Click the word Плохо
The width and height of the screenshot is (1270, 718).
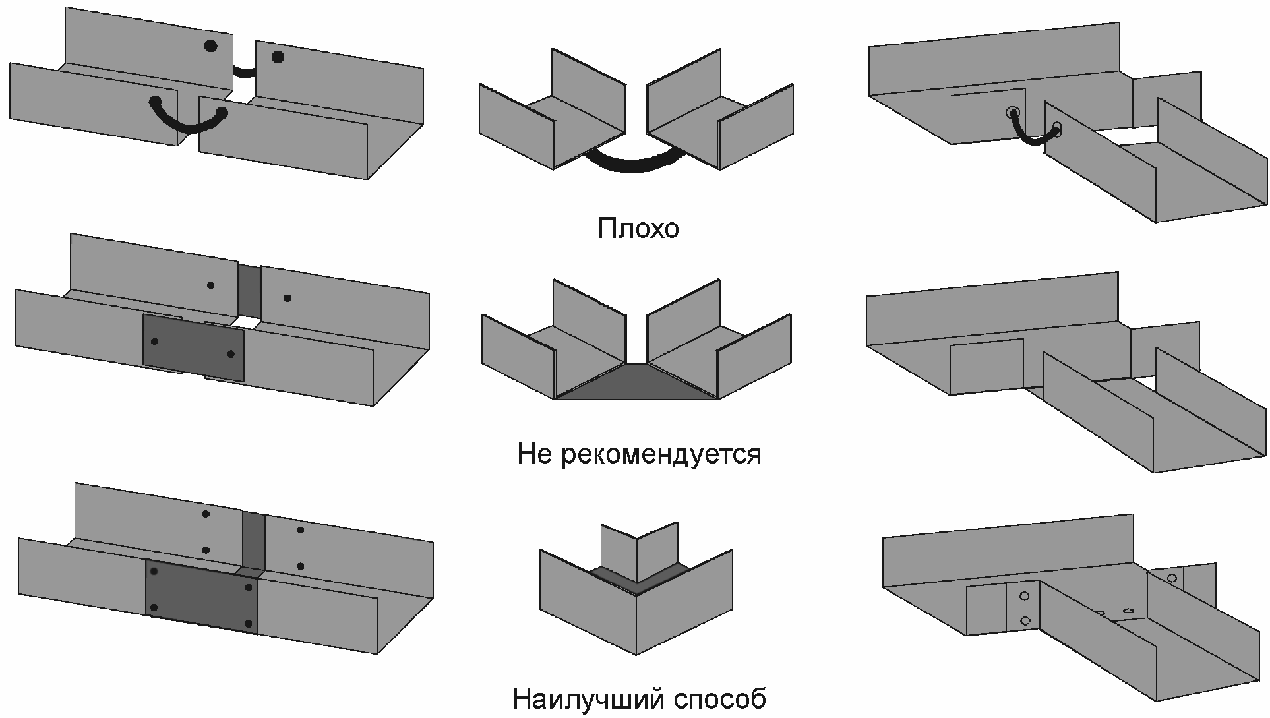[638, 228]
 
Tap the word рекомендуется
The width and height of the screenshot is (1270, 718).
[661, 454]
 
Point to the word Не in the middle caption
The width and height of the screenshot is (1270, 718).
[534, 454]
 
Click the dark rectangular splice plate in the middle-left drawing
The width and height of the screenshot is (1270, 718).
[193, 347]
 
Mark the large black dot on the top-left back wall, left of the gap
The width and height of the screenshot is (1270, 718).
[210, 46]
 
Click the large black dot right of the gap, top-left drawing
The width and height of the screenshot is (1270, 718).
[278, 57]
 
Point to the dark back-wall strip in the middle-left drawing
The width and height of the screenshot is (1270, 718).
[249, 291]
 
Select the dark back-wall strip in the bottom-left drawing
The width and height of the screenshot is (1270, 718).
[253, 541]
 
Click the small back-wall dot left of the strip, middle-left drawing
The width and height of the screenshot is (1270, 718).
[210, 285]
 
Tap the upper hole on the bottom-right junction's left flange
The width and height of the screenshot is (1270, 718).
[1024, 596]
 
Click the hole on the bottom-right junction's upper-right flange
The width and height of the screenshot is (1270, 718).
[1172, 578]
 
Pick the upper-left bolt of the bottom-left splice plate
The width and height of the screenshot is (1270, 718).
[154, 572]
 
